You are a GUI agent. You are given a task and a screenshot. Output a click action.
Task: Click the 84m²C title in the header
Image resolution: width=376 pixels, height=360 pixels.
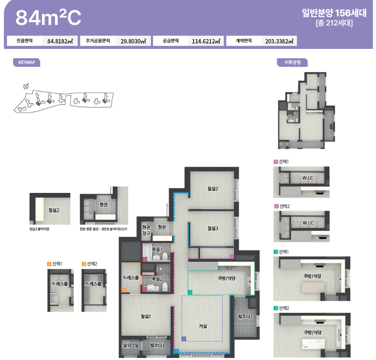click(48, 17)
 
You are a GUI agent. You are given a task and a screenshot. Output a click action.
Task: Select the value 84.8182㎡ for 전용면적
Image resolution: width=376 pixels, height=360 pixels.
click(60, 41)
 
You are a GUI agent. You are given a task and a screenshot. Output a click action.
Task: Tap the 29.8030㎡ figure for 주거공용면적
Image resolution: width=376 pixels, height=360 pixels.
click(133, 41)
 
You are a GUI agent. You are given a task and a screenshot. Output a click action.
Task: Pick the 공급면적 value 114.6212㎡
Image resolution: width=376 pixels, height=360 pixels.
click(206, 41)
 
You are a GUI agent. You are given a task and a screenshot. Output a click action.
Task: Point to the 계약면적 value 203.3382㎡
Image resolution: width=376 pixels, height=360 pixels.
click(279, 41)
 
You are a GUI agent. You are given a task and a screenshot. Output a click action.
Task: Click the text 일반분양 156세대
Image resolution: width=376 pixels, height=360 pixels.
click(334, 13)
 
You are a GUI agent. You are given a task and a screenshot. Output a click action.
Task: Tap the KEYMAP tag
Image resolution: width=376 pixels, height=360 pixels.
click(27, 62)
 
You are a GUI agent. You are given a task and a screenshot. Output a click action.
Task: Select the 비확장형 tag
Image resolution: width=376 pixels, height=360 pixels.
click(292, 62)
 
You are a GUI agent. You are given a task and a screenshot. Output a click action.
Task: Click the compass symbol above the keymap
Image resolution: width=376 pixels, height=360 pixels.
click(26, 86)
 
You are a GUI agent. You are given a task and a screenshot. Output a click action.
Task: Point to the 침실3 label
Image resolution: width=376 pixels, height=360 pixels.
click(213, 228)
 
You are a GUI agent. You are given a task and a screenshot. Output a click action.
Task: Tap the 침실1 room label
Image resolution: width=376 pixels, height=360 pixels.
click(146, 316)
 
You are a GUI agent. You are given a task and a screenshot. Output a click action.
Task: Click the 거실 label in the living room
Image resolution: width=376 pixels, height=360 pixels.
click(203, 326)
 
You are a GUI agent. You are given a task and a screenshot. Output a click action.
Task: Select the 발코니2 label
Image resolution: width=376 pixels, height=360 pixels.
click(245, 316)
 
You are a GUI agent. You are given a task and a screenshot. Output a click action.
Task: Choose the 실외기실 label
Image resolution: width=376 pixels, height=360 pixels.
click(131, 345)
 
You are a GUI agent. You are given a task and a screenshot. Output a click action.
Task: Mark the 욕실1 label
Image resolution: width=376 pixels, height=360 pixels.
click(157, 249)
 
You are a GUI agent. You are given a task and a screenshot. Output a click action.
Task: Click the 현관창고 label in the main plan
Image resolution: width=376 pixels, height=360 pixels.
click(146, 230)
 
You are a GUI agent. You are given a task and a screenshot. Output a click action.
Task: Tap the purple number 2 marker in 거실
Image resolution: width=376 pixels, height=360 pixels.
click(184, 339)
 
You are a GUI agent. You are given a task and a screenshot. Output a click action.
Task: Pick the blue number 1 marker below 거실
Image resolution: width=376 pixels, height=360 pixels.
click(176, 351)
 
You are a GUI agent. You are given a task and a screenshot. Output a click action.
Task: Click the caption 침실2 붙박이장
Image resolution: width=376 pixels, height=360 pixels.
click(39, 229)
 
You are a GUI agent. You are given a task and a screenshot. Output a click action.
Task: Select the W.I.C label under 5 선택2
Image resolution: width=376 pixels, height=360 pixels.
click(308, 223)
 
